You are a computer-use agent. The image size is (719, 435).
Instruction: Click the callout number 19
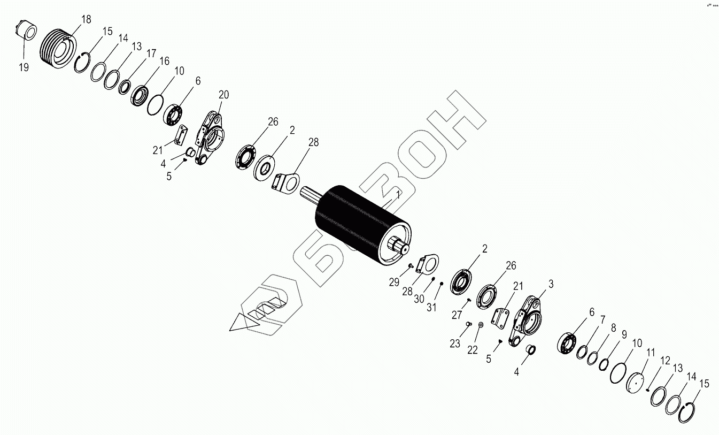click(x=24, y=67)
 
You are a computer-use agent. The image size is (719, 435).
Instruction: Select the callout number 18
click(x=86, y=20)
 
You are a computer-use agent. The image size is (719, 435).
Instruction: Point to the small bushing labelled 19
click(x=26, y=30)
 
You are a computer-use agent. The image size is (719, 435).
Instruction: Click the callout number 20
click(x=223, y=95)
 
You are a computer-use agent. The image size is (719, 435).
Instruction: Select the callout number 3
click(x=551, y=283)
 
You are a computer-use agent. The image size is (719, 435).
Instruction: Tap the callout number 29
click(x=394, y=282)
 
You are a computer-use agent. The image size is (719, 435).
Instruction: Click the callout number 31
click(x=431, y=308)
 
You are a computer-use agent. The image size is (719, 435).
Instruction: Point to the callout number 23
click(x=454, y=344)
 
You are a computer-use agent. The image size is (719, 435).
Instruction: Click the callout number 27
click(x=457, y=316)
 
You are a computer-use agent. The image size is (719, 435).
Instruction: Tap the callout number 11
click(x=650, y=353)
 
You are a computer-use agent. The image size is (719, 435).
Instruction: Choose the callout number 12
click(x=664, y=361)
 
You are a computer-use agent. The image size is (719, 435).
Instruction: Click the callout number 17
click(x=151, y=53)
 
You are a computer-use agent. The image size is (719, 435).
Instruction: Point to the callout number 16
click(x=164, y=60)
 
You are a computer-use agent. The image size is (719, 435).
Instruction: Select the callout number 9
click(x=623, y=334)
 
